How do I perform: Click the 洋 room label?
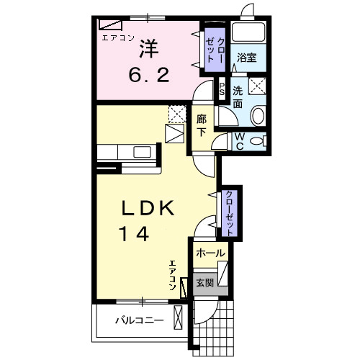[149, 49]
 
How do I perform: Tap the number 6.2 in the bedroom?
[149, 75]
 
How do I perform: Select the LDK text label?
[148, 208]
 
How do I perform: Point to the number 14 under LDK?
[135, 234]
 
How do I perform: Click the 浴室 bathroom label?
[247, 58]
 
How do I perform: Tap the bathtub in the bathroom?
[248, 32]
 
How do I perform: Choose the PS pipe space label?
[222, 89]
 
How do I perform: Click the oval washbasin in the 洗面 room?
[258, 116]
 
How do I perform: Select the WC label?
[240, 141]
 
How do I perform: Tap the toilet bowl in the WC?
[256, 141]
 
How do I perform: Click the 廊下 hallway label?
[202, 126]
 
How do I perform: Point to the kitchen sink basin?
[142, 152]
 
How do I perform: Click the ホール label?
[210, 253]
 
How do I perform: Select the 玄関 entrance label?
[204, 283]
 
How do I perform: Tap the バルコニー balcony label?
[140, 320]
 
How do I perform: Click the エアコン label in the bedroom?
[118, 38]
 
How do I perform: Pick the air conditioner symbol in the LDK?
[184, 288]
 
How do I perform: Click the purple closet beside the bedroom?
[215, 50]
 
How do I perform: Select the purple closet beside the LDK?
[229, 213]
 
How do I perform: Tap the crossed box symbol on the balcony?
[178, 318]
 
